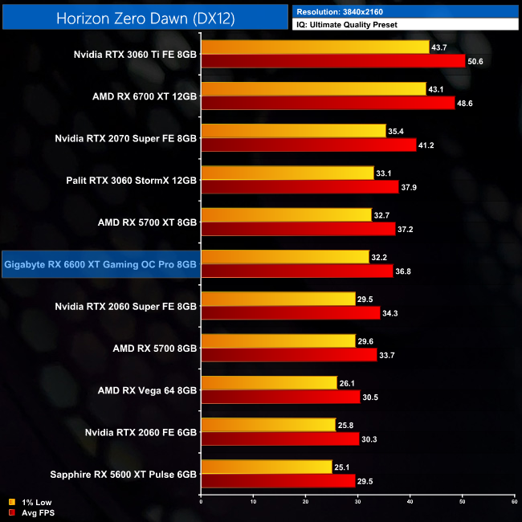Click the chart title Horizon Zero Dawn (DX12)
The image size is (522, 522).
tap(145, 18)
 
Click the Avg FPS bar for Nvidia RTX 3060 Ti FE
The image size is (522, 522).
tap(333, 61)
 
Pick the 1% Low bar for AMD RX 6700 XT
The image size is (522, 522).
tap(313, 89)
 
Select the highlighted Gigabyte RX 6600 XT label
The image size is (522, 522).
tap(100, 263)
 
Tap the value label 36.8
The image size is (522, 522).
tap(406, 271)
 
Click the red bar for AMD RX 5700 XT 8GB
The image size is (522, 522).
tap(298, 229)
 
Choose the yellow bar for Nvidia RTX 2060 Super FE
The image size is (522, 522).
tap(278, 299)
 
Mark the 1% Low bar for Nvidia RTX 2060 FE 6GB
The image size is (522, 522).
tap(268, 424)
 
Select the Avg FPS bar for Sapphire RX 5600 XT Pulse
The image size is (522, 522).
tap(278, 480)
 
